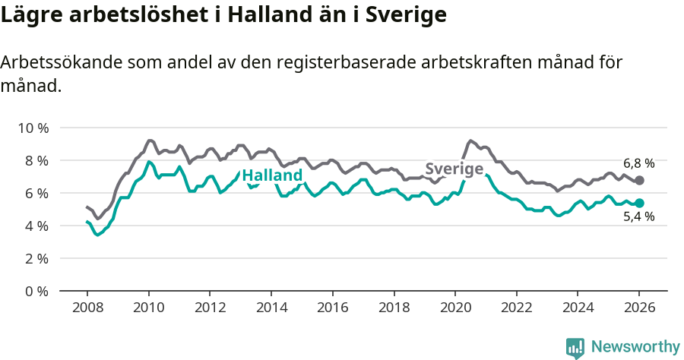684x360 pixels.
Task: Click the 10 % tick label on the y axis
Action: click(32, 128)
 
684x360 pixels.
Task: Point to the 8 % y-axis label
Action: click(35, 160)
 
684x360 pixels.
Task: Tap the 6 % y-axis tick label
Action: click(35, 193)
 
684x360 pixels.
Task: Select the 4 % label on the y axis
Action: click(35, 226)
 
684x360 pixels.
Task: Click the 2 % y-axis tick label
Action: click(35, 258)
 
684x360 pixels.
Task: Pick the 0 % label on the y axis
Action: click(35, 291)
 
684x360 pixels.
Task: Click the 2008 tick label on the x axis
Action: click(87, 308)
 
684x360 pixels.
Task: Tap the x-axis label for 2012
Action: click(210, 308)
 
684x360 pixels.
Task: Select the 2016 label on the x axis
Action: click(332, 308)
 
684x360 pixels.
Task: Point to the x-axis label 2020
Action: click(454, 308)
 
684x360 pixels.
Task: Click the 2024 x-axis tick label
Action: click(578, 308)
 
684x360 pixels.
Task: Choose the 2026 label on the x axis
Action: click(639, 308)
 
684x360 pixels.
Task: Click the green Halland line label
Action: click(272, 175)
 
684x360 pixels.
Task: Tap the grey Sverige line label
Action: click(454, 169)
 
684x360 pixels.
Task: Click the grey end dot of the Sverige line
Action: click(639, 180)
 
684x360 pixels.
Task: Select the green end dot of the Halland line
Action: click(639, 203)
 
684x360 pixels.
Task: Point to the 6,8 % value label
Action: click(638, 163)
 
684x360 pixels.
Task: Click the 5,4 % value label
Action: click(638, 217)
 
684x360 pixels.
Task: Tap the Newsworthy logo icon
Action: click(575, 347)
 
